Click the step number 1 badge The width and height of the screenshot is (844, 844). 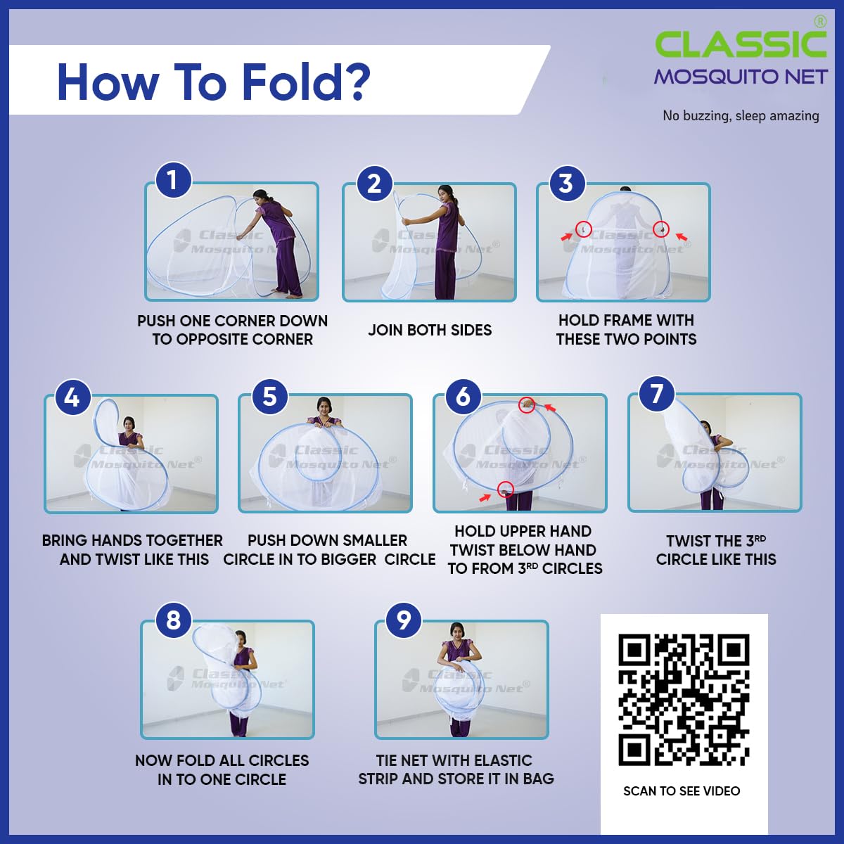173,180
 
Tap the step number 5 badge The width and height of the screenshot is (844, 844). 269,397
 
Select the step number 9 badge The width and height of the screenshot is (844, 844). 404,620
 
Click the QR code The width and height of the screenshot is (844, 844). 684,700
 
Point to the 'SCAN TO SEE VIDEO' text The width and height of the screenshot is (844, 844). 682,791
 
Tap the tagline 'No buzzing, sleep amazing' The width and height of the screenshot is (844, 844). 741,116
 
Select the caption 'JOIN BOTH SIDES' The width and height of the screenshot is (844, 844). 430,330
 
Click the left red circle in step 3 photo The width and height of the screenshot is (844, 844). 583,229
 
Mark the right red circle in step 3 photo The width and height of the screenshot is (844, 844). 660,229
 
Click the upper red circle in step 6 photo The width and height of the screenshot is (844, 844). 527,404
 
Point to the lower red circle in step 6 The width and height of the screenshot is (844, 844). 506,490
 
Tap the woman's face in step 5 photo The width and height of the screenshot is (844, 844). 324,407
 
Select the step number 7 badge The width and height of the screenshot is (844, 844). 657,394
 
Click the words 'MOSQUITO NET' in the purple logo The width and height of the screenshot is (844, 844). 740,77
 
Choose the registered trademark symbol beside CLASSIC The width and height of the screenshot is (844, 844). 820,22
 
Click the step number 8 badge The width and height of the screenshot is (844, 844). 173,620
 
